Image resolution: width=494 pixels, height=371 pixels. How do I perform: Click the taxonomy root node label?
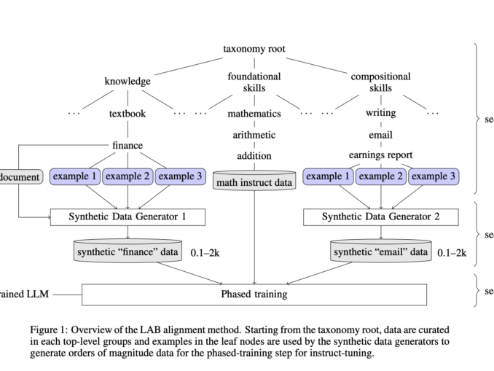pos(254,50)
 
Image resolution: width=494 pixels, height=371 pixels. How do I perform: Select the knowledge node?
pos(128,82)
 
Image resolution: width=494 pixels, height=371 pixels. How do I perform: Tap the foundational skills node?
pos(254,82)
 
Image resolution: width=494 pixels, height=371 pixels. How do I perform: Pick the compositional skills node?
pos(380,82)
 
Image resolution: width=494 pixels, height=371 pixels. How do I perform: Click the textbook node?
pos(128,114)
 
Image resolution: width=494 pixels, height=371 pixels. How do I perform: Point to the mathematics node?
pos(254,114)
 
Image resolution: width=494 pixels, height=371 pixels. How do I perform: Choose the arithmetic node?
pos(254,135)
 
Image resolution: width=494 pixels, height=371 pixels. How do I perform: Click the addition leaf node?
pos(254,155)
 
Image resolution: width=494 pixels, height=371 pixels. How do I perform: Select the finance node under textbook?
pos(128,145)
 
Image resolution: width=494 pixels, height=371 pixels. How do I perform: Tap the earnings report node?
pos(380,155)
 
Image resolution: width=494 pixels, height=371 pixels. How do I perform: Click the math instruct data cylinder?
pos(254,181)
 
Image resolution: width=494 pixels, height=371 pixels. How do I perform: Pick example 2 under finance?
pos(128,176)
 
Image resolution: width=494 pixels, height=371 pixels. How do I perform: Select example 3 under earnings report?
pos(434,176)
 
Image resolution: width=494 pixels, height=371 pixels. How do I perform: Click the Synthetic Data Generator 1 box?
pos(128,216)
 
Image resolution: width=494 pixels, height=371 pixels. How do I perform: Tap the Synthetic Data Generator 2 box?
pos(380,216)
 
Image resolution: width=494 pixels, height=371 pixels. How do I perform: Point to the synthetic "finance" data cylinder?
pos(128,252)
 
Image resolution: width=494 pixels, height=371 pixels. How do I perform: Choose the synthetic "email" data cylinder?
pos(380,252)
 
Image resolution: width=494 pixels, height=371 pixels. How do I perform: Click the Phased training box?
pos(254,294)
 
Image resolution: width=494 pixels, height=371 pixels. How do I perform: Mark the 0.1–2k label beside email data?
pos(451,253)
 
